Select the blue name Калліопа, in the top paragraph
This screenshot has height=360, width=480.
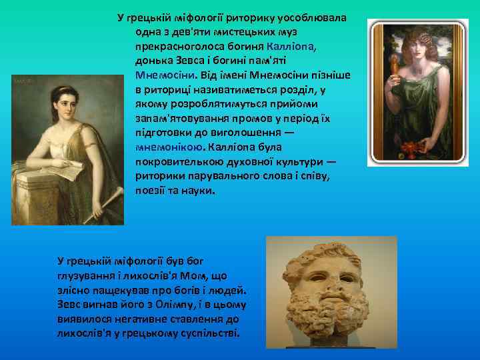tap(289, 46)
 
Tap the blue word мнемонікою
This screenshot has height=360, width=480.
tap(167, 147)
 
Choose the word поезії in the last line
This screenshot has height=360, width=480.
tap(149, 191)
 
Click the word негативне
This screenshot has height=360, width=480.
tap(121, 319)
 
